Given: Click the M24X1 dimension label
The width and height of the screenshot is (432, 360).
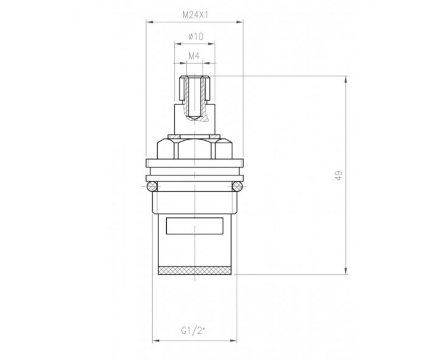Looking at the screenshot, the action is [195, 15].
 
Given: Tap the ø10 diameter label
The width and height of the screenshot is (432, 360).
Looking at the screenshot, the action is [196, 37].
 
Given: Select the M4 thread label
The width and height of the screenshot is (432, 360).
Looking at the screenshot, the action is [194, 56].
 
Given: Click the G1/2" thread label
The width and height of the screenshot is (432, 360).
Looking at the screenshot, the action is [193, 331].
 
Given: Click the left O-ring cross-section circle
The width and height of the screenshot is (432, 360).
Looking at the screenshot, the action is [152, 186].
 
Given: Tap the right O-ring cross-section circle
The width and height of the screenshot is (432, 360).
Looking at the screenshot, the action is [237, 186].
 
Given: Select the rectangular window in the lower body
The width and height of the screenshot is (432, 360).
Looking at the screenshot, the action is [194, 226].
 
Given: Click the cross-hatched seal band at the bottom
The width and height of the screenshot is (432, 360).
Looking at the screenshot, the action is [194, 270].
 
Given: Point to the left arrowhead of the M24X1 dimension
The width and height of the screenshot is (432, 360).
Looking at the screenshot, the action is [150, 22].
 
